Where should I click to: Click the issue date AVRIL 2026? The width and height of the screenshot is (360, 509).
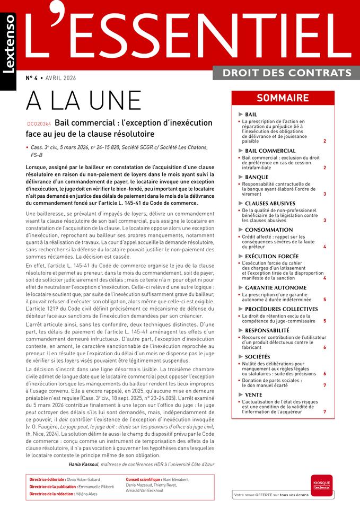[60, 78]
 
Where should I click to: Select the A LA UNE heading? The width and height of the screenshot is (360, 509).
[84, 100]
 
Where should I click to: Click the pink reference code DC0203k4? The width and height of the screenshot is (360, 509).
[38, 124]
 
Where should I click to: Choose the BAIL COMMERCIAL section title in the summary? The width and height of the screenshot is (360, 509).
[270, 151]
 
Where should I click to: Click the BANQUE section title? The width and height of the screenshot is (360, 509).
[257, 177]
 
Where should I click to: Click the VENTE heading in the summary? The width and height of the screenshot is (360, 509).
[254, 394]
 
